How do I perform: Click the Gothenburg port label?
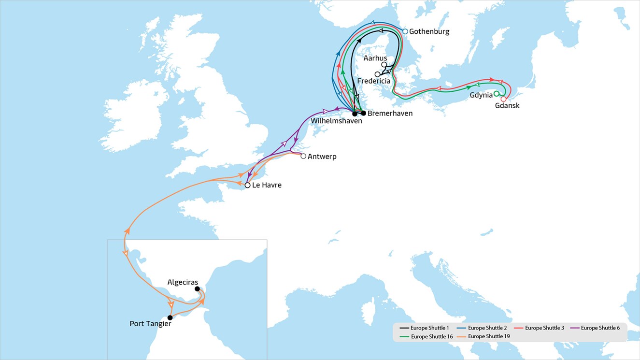(429, 31)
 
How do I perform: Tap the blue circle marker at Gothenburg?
(405, 31)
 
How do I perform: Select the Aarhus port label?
(375, 58)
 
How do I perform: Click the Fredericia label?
(374, 81)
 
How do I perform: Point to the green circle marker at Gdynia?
(496, 94)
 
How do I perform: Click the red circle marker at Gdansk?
(503, 99)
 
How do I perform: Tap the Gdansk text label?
(507, 105)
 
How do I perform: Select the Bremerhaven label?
(390, 114)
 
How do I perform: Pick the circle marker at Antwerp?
(303, 156)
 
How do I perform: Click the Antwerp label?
(322, 157)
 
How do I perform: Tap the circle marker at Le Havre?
(247, 185)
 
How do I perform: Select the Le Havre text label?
(267, 185)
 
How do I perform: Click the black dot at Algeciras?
(197, 289)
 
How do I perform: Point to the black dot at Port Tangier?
(170, 317)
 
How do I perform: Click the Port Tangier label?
(150, 324)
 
